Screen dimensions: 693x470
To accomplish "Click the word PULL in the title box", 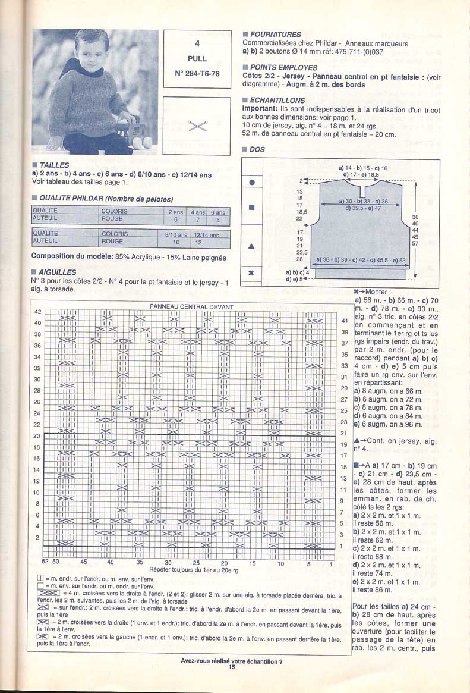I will coord(197,59).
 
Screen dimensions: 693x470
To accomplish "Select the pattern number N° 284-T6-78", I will coord(197,74).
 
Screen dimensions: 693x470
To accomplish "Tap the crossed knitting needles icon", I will coord(197,125).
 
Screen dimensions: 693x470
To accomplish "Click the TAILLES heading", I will coord(55,165).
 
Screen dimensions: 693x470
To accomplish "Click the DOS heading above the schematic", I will coord(257,150).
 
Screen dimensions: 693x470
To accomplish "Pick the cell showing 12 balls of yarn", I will coord(198,243).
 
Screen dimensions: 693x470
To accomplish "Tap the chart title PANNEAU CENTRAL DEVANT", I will coord(191,307).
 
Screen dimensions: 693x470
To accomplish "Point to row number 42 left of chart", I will coord(37,312).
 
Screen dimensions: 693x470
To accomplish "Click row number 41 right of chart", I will coord(343,321).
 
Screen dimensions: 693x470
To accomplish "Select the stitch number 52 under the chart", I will coord(45,562).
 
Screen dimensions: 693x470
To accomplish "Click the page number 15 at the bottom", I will coord(232,668).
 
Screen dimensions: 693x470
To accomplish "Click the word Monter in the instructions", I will coord(377,292).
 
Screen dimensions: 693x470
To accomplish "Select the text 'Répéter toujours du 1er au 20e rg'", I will coord(194,569).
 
